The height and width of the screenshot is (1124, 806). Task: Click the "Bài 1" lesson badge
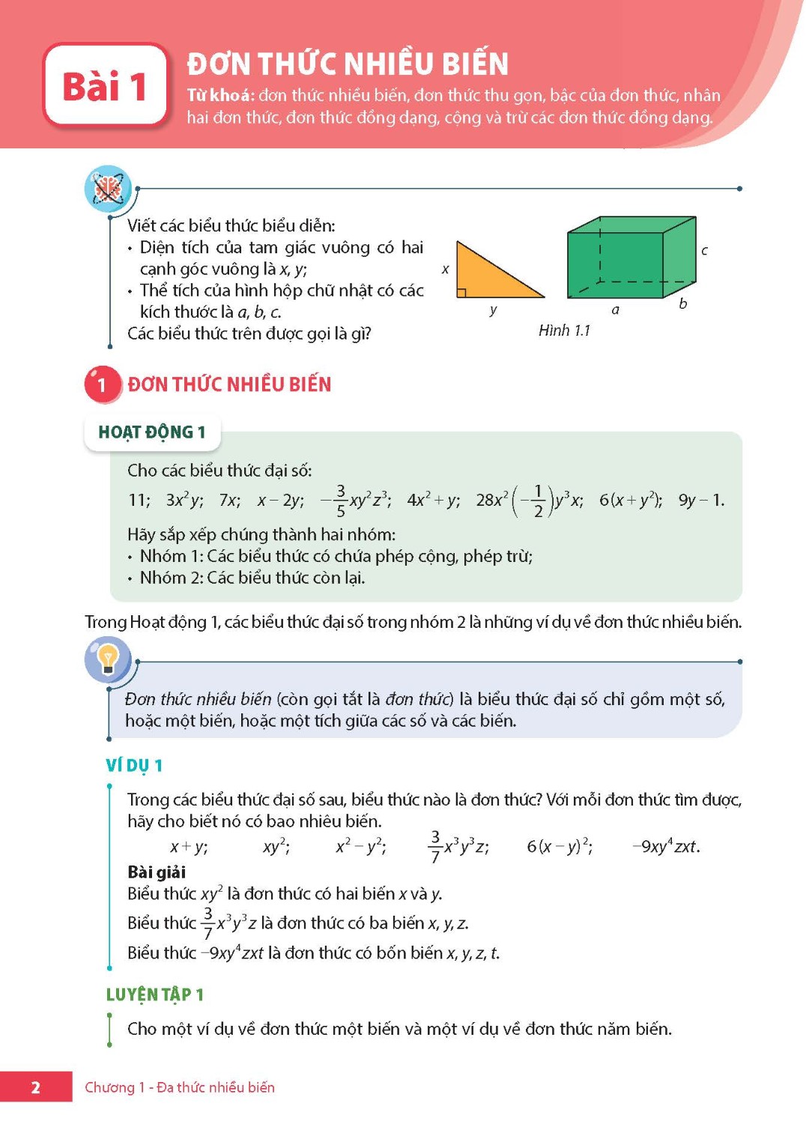(x=105, y=85)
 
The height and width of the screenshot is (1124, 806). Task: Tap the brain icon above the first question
(x=108, y=187)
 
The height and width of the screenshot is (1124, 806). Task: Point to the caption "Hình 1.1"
(x=564, y=330)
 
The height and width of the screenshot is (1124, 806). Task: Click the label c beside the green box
(x=704, y=250)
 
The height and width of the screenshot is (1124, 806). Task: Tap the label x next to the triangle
(x=446, y=269)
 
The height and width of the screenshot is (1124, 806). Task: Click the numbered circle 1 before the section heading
(x=102, y=385)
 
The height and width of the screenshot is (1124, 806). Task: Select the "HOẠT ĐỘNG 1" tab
(x=152, y=432)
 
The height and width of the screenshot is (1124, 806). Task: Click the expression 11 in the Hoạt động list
(x=138, y=500)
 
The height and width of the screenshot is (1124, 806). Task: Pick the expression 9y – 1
(x=700, y=500)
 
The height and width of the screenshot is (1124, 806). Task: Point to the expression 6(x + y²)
(x=629, y=500)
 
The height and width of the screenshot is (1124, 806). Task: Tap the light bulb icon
(x=108, y=659)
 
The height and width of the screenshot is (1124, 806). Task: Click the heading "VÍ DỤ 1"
(x=134, y=765)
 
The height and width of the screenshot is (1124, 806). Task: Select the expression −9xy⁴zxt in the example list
(x=665, y=847)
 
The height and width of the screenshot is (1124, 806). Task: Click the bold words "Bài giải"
(x=157, y=871)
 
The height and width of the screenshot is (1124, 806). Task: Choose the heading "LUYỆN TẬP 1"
(x=154, y=994)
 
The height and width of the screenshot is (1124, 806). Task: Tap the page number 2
(x=35, y=1087)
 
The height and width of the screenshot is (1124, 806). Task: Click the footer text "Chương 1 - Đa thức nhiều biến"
(x=180, y=1087)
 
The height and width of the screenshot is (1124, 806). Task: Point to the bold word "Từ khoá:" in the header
(x=220, y=95)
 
